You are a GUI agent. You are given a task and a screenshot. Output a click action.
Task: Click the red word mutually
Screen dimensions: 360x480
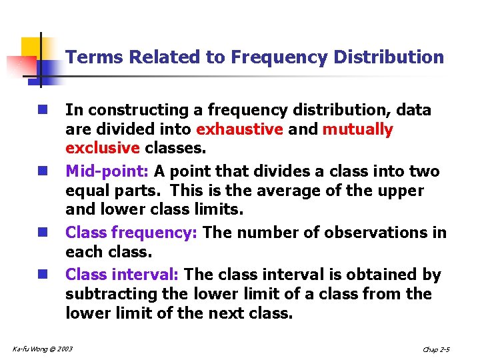coord(358,129)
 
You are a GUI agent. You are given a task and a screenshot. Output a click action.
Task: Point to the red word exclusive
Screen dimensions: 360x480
coord(102,147)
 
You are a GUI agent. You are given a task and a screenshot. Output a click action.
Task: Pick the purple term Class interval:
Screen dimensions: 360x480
coord(122,275)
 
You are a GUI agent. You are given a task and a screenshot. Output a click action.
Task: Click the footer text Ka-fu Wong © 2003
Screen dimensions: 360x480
coord(43,349)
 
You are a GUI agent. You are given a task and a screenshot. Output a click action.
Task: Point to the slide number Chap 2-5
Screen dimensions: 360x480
coord(436,349)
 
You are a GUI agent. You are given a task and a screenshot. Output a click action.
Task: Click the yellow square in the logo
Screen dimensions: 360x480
coord(31,48)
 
